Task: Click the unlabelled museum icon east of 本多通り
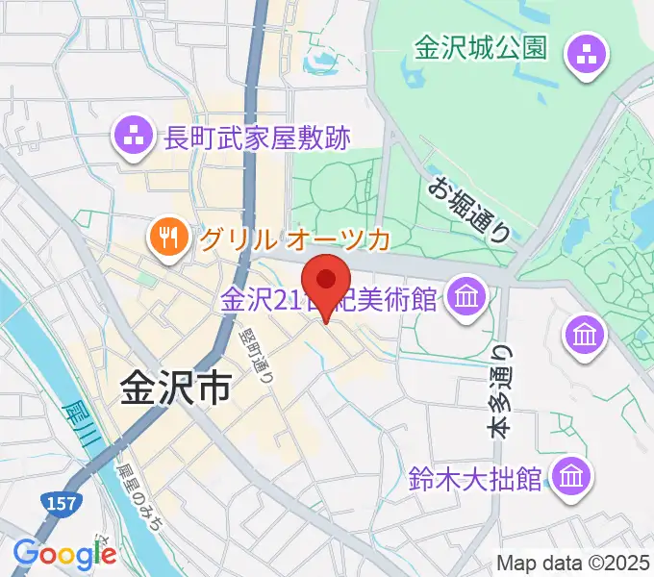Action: pos(585,335)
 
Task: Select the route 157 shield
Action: pos(59,501)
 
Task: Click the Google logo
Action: pos(64,554)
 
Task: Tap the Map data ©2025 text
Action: pos(573,563)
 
